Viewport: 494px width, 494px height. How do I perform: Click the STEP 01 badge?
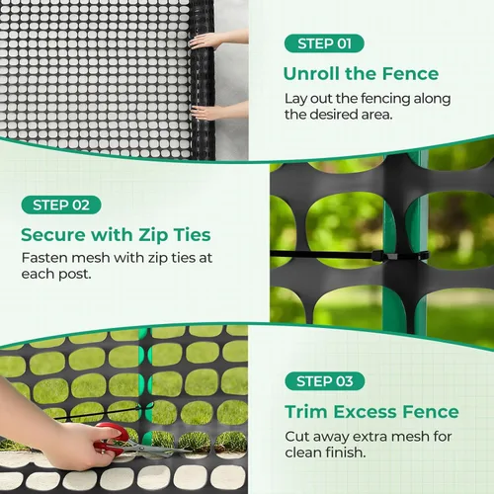pos(324,43)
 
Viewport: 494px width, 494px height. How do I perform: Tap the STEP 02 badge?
pos(61,205)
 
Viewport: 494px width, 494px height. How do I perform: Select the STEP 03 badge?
pos(325,381)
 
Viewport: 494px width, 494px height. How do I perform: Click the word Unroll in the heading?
pos(311,73)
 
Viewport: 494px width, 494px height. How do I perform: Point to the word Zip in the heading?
pos(153,235)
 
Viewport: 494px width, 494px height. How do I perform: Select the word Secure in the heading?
pos(53,235)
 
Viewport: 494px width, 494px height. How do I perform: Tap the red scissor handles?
pos(113,437)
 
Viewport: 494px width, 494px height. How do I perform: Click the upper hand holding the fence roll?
pos(218,41)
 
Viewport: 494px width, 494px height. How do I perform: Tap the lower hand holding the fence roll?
pos(219,112)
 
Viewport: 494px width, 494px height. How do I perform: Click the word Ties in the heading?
pos(193,235)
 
